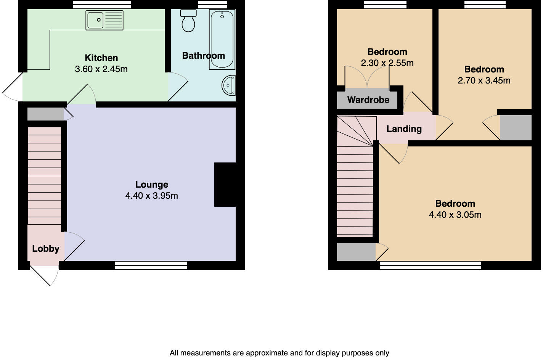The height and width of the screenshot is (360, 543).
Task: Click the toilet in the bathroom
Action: (x=188, y=21)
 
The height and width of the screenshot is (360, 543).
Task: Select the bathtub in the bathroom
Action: (x=222, y=40)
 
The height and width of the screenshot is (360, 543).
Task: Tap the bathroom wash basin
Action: (x=229, y=85)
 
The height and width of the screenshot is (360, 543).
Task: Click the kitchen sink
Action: (x=104, y=20)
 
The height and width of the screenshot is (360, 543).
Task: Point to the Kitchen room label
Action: (x=101, y=58)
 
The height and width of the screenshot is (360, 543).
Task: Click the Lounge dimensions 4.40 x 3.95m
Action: (x=151, y=196)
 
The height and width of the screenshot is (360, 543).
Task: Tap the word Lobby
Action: (x=45, y=249)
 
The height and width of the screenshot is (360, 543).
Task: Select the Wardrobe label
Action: (x=368, y=100)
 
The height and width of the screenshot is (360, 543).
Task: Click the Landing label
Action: (x=404, y=129)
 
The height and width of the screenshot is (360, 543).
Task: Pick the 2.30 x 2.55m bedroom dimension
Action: (x=387, y=63)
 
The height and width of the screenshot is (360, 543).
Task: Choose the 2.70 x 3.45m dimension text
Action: (x=484, y=80)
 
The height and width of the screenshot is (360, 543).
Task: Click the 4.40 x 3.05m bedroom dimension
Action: (x=455, y=215)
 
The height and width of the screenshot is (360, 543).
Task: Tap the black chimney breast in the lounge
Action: (x=225, y=185)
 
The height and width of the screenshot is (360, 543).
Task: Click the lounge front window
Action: (x=151, y=265)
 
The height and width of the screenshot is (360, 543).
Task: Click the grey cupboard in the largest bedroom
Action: (x=356, y=252)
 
